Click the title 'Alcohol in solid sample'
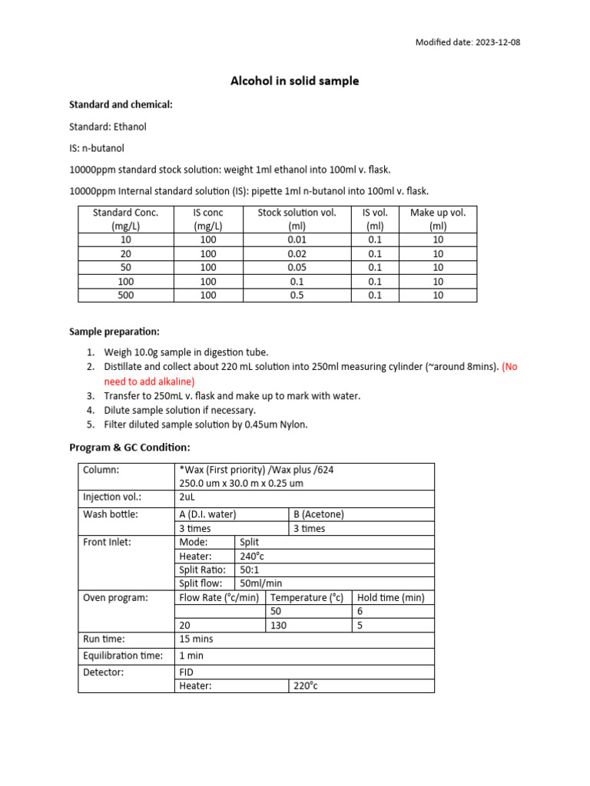point(295,81)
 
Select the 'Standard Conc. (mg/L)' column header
point(125,219)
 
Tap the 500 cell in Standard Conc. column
point(125,295)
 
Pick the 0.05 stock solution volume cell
point(297,267)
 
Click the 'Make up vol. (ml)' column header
point(438,219)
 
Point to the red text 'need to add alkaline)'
point(150,381)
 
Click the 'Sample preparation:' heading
point(114,332)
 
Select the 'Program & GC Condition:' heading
point(130,447)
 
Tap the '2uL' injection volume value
point(187,497)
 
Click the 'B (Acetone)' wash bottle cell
point(319,514)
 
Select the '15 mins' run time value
point(196,639)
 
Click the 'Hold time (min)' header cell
point(391,597)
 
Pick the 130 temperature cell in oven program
point(279,625)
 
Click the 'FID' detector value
point(187,672)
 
